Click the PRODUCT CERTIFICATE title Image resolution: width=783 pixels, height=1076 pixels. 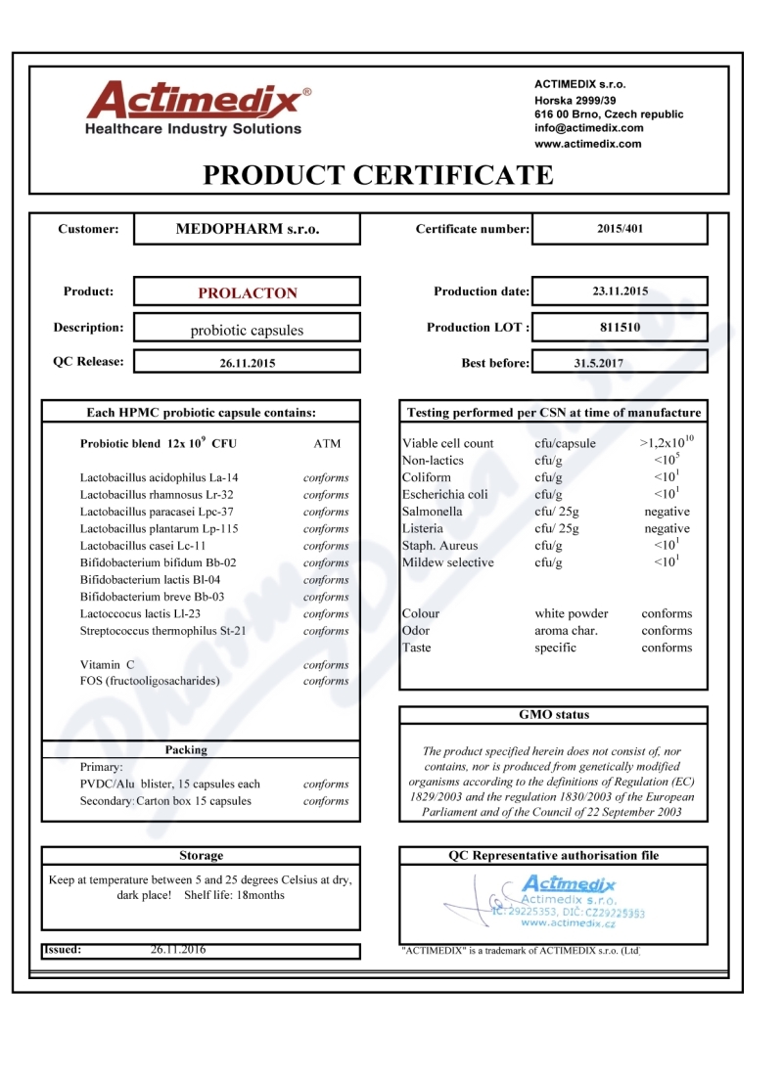point(378,175)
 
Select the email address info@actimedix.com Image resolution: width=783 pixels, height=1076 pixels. point(588,128)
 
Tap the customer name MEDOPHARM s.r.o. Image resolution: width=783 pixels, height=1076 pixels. point(247,229)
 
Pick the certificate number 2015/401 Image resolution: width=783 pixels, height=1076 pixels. point(620,229)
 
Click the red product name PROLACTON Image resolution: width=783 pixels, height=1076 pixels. point(248,292)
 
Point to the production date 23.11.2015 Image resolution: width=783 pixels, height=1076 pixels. point(620,291)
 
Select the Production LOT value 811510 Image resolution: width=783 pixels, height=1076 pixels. point(620,327)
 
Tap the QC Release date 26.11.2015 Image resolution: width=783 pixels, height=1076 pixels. point(248,363)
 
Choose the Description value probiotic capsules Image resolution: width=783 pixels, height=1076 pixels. point(247,330)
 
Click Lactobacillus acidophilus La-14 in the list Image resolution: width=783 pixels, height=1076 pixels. point(159,477)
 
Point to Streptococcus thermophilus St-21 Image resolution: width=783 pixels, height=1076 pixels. point(163,631)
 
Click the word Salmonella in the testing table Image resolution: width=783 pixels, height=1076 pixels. point(432,512)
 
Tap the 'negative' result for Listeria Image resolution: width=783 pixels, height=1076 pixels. point(667,528)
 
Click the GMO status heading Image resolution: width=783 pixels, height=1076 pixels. point(554,715)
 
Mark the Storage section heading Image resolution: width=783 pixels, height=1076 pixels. point(201,855)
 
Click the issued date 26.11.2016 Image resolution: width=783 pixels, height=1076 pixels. point(178,949)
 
